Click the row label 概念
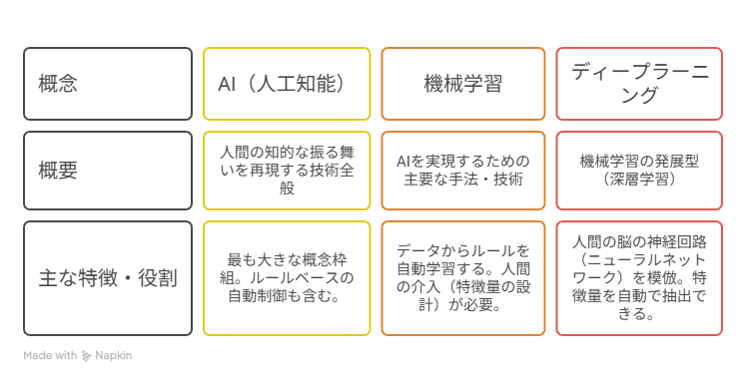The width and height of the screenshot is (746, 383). point(58,84)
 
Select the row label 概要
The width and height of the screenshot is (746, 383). point(58,171)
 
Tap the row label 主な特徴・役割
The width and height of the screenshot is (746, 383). point(108,278)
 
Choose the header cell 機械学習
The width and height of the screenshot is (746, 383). point(463,84)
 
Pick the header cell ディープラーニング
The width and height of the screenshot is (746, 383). point(639,84)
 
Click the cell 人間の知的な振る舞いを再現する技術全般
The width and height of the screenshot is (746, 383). point(287,171)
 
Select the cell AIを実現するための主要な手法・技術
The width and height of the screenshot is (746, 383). point(463,171)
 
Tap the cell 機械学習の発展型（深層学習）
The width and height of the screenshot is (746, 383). point(639,171)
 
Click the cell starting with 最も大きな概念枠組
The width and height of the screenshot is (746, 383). point(287,278)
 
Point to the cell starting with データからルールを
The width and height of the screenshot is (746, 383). point(463,278)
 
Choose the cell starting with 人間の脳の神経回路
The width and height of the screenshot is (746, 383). point(639,278)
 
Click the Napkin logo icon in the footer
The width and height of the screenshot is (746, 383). point(86,356)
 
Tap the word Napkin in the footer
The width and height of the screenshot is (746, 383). point(113,355)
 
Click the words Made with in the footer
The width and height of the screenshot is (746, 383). point(50,355)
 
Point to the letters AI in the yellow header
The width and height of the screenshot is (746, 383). point(227,84)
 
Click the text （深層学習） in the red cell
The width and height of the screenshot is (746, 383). point(639,180)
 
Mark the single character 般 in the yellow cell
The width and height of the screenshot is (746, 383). point(287,188)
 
